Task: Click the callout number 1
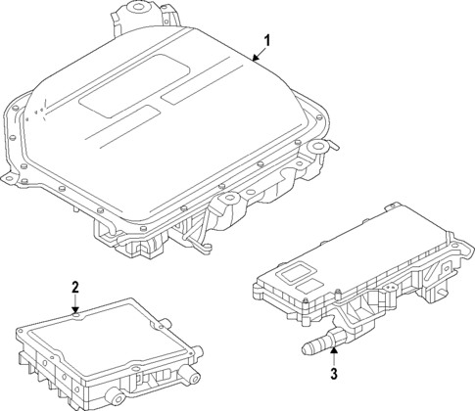264,41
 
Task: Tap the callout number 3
333,373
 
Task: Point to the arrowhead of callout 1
252,61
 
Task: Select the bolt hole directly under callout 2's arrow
76,314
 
